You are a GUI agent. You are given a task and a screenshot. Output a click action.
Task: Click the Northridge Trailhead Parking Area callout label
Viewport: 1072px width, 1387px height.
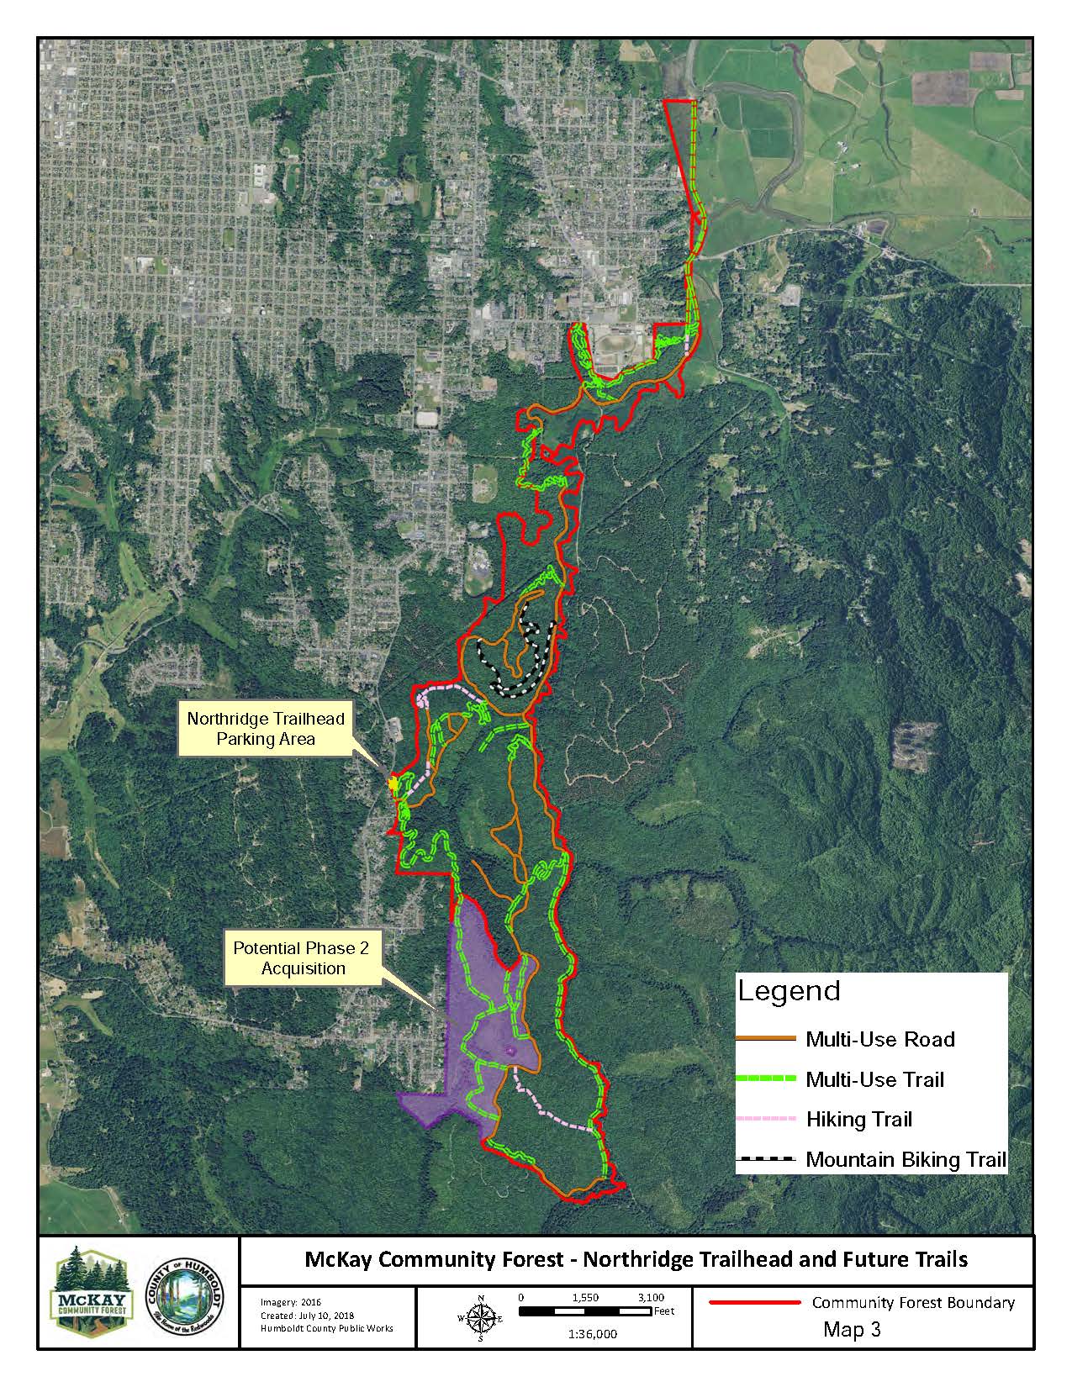click(x=266, y=729)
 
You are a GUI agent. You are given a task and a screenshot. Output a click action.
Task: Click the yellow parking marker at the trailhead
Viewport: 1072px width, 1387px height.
click(x=393, y=783)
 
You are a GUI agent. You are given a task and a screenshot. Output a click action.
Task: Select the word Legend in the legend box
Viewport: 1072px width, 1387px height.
click(x=789, y=991)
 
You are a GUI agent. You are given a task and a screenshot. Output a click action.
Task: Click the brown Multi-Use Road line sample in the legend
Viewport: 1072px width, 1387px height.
click(x=765, y=1039)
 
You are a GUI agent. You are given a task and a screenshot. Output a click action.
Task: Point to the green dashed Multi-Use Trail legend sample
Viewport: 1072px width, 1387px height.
click(x=765, y=1079)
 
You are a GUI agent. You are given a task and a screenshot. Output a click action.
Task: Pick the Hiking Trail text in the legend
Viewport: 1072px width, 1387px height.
click(x=858, y=1119)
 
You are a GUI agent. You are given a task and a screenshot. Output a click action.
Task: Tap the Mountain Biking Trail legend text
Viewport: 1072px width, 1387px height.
click(x=906, y=1159)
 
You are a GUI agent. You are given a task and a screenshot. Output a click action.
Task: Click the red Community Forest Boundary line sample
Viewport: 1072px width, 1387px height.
click(x=755, y=1303)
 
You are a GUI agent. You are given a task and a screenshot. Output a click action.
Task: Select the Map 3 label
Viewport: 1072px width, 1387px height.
click(x=851, y=1330)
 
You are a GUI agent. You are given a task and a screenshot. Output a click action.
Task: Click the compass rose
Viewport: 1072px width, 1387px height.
click(x=480, y=1318)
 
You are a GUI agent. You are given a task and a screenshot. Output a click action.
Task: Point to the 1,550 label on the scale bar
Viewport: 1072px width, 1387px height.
click(x=584, y=1297)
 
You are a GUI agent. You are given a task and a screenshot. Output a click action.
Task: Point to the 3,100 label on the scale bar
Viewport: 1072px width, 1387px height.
click(x=651, y=1297)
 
